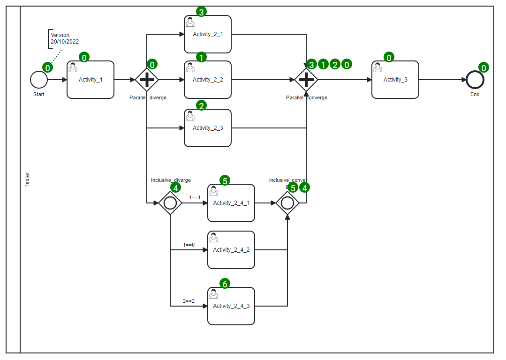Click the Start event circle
click(39, 80)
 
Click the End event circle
click(475, 80)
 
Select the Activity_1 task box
click(91, 80)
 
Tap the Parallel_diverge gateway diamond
click(147, 80)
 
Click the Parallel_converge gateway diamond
click(306, 80)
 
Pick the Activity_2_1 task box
click(208, 34)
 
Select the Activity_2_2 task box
click(208, 80)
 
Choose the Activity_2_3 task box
click(208, 128)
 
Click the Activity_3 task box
click(395, 80)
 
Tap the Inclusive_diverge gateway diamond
click(170, 203)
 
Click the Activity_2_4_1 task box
click(231, 203)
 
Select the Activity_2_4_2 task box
click(231, 250)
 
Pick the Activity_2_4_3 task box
click(231, 306)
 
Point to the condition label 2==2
click(189, 301)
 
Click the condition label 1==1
click(195, 198)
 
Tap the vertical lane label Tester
click(27, 180)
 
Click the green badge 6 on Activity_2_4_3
click(225, 284)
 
